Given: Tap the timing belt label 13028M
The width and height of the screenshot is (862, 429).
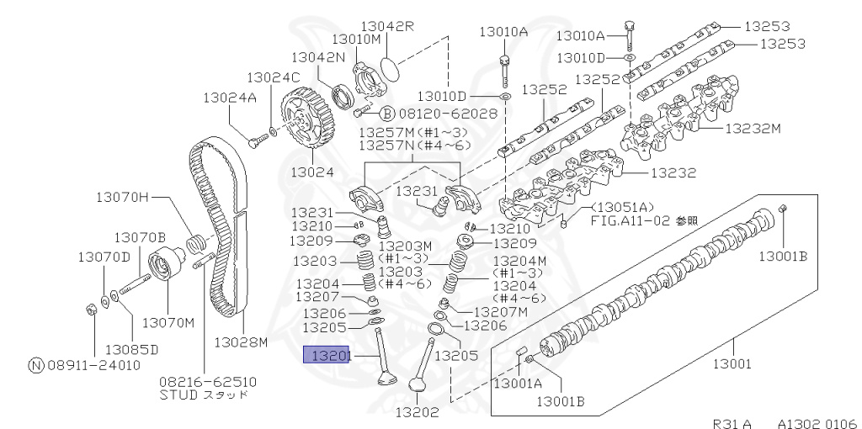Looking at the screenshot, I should pos(240,342).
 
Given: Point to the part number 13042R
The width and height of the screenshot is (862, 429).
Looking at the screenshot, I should pos(388,26).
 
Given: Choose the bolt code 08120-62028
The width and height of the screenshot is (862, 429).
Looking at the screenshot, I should pos(449,112).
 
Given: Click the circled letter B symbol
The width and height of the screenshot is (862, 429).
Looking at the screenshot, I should pos(387,113).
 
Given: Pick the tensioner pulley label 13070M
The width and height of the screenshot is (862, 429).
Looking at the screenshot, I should pos(168,322).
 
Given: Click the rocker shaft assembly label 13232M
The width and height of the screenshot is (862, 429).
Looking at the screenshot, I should pos(753,129).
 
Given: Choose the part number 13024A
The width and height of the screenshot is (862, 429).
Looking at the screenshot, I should pos(229,97).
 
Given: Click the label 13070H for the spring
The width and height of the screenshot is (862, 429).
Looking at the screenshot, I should pos(121,198).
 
